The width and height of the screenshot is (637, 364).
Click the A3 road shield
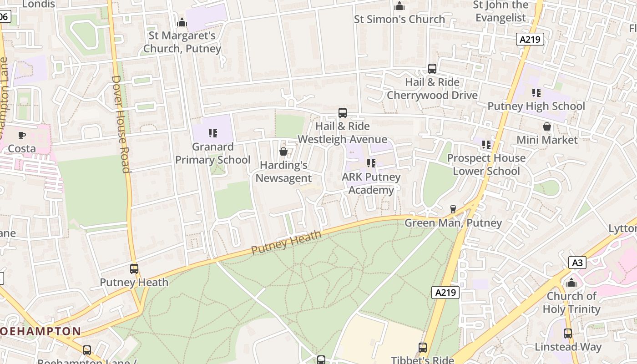click(x=577, y=263)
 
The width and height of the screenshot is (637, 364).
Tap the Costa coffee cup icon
click(x=21, y=135)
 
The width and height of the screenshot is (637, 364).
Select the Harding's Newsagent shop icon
click(x=283, y=152)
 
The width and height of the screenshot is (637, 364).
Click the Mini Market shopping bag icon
click(x=547, y=126)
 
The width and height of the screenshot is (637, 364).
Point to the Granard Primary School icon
click(x=212, y=133)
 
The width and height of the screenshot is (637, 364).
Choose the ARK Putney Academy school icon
click(x=371, y=163)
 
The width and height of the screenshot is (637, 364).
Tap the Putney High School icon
click(x=536, y=93)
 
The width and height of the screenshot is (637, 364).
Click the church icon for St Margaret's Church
click(x=182, y=22)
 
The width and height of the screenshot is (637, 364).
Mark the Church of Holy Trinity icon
click(x=571, y=283)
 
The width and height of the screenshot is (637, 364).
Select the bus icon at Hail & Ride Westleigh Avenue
click(x=343, y=113)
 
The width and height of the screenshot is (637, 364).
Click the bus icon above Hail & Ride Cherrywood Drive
click(x=432, y=69)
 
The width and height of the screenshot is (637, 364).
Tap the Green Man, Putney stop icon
click(x=453, y=209)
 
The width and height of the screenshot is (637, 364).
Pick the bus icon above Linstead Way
click(x=568, y=333)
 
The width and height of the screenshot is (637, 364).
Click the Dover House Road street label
click(x=121, y=124)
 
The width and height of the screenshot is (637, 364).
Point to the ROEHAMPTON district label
click(x=41, y=331)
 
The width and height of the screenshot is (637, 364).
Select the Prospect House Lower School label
click(x=486, y=165)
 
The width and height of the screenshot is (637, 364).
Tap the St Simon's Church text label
click(x=399, y=19)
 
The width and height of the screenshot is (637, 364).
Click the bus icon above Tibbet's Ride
click(x=423, y=348)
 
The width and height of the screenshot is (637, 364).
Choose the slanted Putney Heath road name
click(x=286, y=243)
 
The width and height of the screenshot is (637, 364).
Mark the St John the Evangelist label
click(x=500, y=11)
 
